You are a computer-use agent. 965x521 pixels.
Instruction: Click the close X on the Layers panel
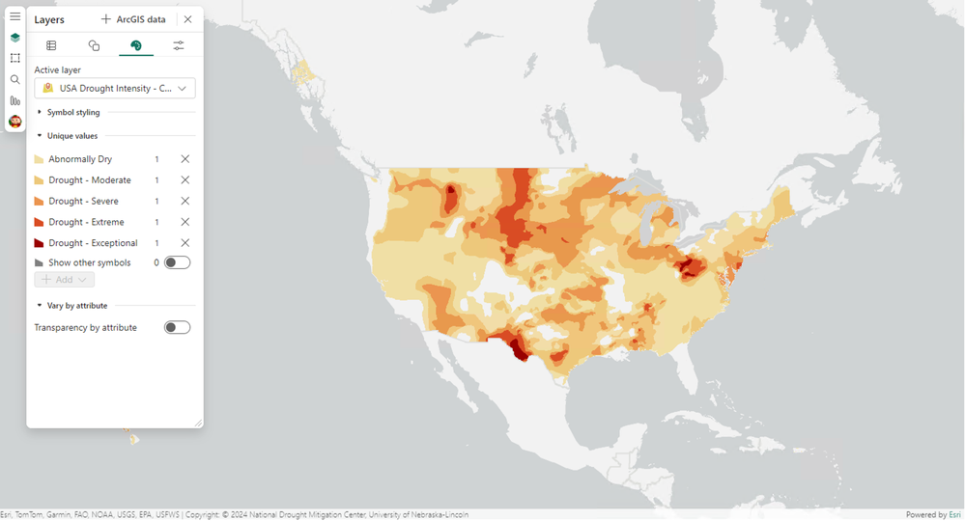[x=187, y=19]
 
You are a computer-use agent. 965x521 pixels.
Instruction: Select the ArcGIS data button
[x=133, y=19]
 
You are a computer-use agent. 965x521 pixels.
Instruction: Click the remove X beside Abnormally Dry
[x=184, y=159]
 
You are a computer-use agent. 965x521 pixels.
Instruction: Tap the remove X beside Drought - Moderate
[x=184, y=180]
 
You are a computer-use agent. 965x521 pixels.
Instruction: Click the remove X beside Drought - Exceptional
[x=184, y=243]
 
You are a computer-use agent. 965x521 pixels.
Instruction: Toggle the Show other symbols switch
[x=177, y=262]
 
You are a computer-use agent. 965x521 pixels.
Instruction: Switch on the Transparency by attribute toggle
[x=177, y=328]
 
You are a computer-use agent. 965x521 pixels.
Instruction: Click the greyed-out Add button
[x=64, y=280]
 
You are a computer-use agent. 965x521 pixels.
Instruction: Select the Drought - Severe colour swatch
[x=40, y=202]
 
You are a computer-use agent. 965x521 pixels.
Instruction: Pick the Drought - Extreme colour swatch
[x=40, y=223]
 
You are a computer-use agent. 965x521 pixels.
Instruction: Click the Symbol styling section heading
[x=72, y=113]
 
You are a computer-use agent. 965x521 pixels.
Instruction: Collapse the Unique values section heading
[x=71, y=136]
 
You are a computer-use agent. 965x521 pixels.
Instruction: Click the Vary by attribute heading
[x=76, y=306]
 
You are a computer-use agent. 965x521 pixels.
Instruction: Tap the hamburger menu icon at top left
[x=14, y=16]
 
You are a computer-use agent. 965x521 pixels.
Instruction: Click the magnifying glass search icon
[x=14, y=80]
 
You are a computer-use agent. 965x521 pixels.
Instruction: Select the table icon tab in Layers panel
[x=51, y=45]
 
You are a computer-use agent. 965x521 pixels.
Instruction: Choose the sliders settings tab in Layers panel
[x=179, y=45]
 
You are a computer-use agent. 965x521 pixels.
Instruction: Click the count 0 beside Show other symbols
[x=156, y=262]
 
